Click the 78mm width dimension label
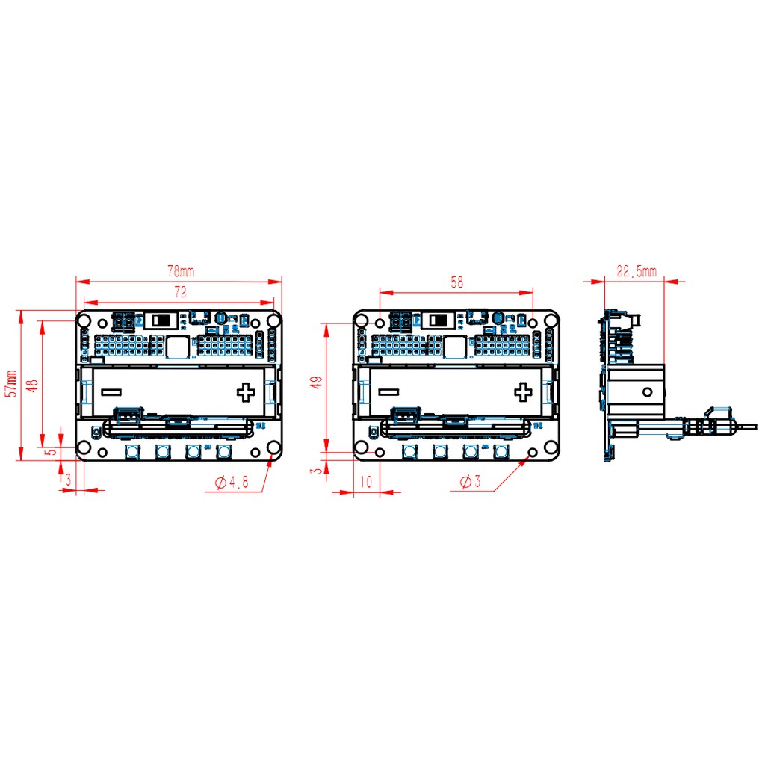181,271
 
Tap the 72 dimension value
181,292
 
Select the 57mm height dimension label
12,383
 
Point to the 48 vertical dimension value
33,385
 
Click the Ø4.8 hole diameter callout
232,483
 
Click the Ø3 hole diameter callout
471,482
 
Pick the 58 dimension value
456,282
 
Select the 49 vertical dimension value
317,382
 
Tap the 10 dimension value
366,482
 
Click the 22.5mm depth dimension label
637,271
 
